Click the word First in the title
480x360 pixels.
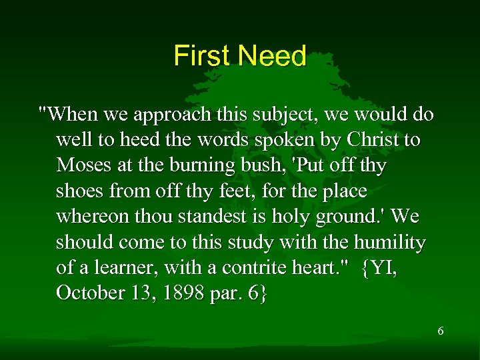click(201, 56)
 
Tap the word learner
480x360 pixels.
click(124, 268)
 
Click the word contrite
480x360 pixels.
click(247, 268)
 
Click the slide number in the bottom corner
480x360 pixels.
click(440, 331)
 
